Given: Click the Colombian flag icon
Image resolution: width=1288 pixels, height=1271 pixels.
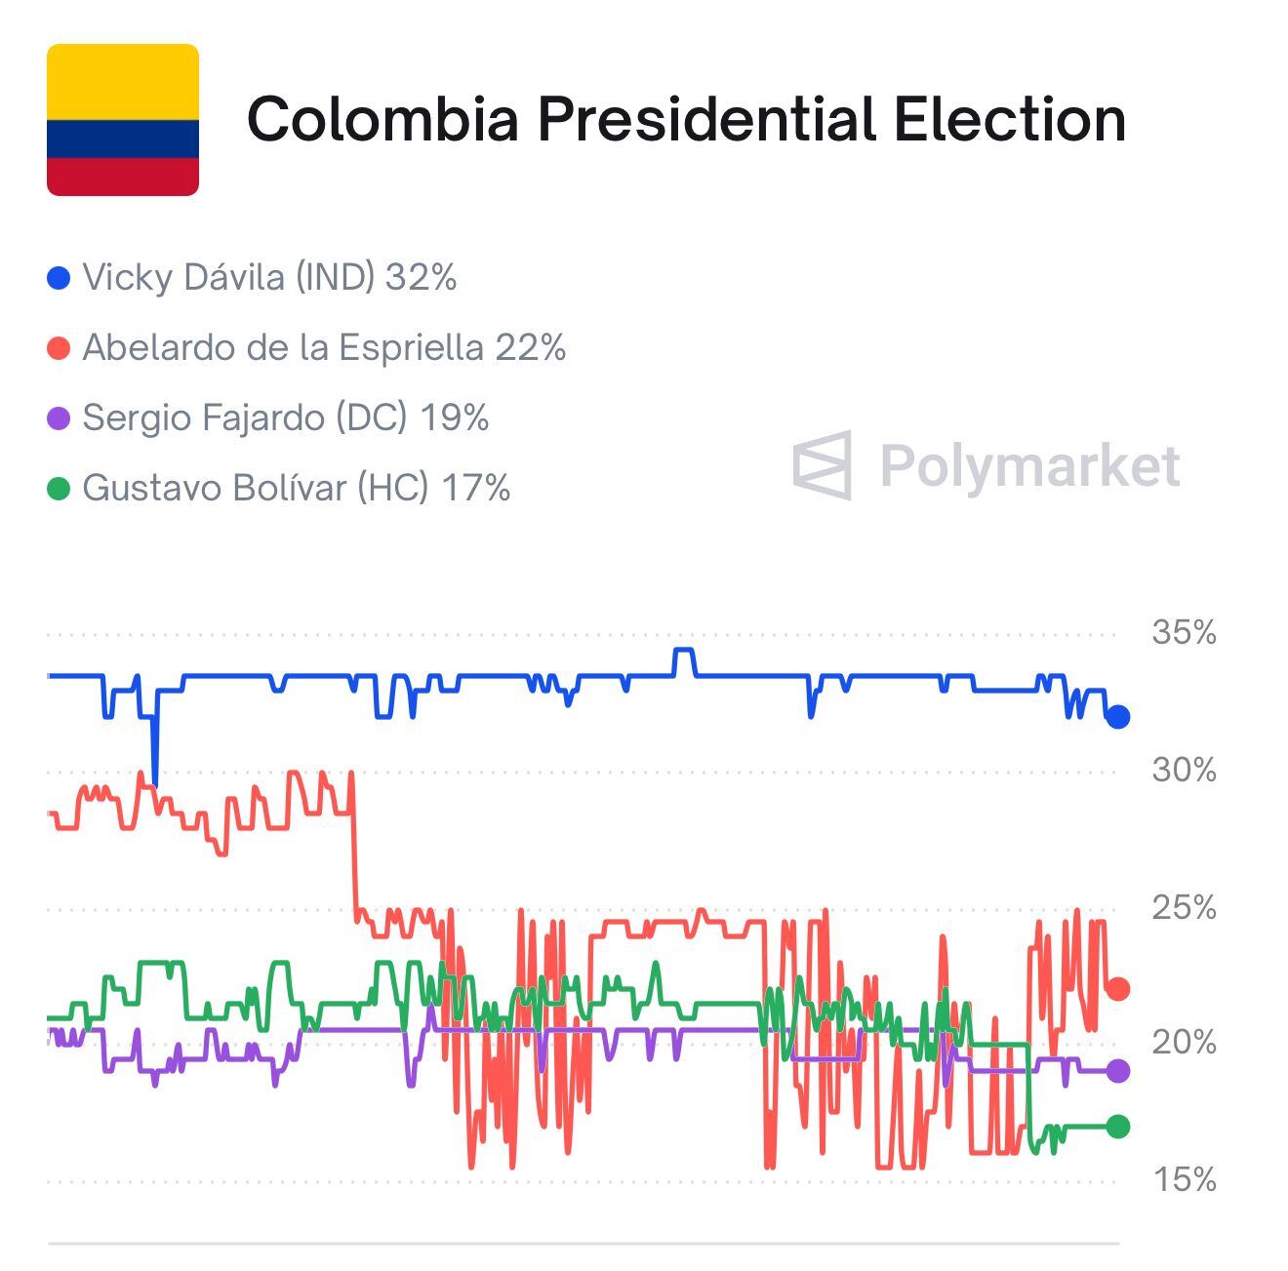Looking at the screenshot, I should (x=123, y=120).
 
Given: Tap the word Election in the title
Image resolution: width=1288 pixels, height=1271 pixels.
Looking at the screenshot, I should (x=1009, y=119).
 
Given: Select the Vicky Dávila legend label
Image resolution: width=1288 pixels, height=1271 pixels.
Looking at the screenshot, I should (x=269, y=278).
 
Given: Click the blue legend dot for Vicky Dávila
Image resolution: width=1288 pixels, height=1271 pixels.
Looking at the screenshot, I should (x=59, y=279).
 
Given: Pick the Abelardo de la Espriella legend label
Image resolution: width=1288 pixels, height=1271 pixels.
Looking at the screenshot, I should (x=324, y=348).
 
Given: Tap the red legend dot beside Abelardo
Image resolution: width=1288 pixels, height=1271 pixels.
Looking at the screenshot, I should (x=59, y=349).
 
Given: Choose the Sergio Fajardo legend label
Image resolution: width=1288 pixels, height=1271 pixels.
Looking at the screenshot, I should (x=285, y=418).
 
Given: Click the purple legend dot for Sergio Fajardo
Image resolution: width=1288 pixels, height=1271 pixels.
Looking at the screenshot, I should (x=59, y=419).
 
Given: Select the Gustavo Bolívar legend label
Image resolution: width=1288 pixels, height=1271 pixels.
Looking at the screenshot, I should (x=296, y=489).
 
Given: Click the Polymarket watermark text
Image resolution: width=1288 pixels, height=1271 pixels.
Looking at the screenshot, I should (x=1029, y=465).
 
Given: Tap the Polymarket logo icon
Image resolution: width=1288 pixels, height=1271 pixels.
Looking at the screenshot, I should (x=822, y=465).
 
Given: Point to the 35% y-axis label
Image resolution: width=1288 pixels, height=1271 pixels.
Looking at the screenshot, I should (x=1184, y=633).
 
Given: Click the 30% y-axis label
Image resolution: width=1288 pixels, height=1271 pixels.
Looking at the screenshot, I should (x=1184, y=771).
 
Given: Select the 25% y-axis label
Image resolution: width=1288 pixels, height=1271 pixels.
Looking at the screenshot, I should (x=1184, y=908).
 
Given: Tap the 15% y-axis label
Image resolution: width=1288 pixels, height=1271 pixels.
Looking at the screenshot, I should (x=1184, y=1180).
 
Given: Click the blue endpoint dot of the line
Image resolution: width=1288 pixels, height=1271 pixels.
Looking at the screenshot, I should (x=1118, y=717).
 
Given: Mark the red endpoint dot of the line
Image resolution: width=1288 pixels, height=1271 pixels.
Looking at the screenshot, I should (x=1118, y=989).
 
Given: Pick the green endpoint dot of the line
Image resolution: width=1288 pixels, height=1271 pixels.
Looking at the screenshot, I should (x=1118, y=1127).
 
